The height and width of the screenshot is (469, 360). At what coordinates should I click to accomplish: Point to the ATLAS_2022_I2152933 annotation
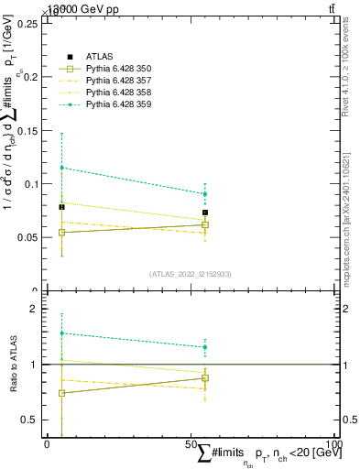[x=191, y=274]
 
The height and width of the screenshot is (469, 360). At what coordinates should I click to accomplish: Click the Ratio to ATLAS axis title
[x=13, y=365]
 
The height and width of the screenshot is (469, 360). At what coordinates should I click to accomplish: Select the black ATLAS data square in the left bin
[x=61, y=207]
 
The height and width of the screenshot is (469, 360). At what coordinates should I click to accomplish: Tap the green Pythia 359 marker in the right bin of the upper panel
[x=205, y=194]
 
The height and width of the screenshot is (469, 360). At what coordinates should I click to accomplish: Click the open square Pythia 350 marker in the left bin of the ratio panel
[x=61, y=393]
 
